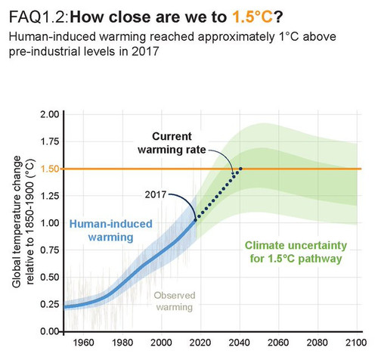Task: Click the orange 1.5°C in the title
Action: [253, 17]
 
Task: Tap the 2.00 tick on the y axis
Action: [50, 114]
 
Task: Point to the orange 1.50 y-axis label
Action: [50, 169]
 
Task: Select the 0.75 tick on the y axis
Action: [50, 250]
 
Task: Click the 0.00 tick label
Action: [50, 331]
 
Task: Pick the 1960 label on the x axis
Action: [83, 343]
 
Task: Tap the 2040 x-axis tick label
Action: [239, 343]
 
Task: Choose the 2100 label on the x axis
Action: [356, 343]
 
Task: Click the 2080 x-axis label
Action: [317, 343]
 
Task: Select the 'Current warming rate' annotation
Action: [172, 143]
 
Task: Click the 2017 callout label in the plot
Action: [156, 194]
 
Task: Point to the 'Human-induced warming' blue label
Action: [111, 231]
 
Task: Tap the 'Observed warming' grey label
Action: [175, 301]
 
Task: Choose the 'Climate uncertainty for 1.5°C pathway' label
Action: [296, 252]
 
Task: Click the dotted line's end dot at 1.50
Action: [240, 169]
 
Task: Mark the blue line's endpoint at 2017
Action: [195, 220]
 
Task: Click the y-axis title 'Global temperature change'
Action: [17, 222]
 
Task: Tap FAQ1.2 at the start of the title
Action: [39, 17]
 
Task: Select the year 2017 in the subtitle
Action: [145, 51]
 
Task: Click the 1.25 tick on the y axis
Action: [50, 196]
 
